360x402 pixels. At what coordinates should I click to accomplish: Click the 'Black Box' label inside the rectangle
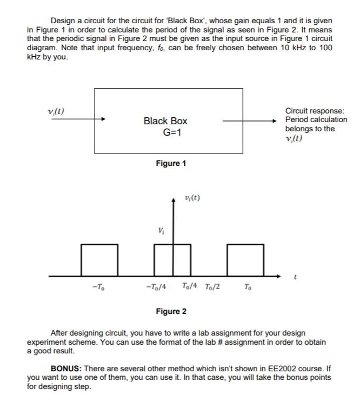[x=165, y=121]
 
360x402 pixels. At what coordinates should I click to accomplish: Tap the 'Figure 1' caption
[x=171, y=163]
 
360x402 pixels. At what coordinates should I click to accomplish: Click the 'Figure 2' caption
[x=171, y=311]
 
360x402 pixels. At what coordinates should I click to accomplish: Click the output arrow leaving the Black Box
[x=254, y=121]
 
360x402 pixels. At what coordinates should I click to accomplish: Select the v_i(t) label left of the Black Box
[x=56, y=111]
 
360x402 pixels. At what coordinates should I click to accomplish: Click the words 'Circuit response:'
[x=314, y=111]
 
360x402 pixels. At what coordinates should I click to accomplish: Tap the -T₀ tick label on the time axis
[x=98, y=287]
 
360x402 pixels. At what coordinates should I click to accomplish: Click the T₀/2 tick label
[x=212, y=286]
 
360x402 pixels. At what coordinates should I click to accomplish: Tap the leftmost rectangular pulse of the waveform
[x=99, y=260]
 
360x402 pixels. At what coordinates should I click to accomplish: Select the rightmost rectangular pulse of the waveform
[x=246, y=260]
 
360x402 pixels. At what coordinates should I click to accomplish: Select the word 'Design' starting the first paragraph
[x=64, y=20]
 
